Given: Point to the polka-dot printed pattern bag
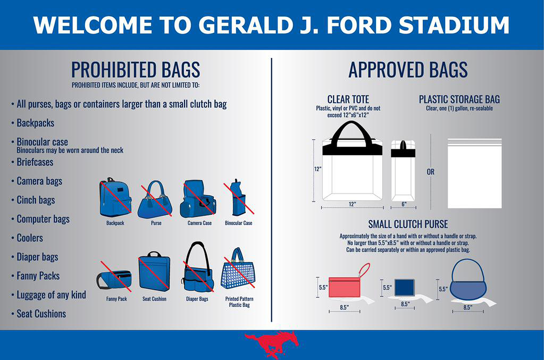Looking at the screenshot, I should [238, 272].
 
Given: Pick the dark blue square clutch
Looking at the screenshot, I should [404, 287].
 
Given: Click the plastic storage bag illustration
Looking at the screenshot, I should [475, 174].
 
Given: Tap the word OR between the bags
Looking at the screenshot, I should [431, 172].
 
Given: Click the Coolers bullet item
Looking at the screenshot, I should [30, 238].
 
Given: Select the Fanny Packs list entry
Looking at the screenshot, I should [38, 276].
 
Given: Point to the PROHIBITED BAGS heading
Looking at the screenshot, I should [135, 70].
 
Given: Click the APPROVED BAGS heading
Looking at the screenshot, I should [408, 70].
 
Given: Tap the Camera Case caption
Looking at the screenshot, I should [199, 223].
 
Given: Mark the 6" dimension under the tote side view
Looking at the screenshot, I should [404, 204].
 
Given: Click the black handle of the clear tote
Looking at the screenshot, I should [351, 131].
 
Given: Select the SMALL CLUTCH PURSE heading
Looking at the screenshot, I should [408, 224].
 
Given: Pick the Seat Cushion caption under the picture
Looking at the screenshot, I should [154, 299].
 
